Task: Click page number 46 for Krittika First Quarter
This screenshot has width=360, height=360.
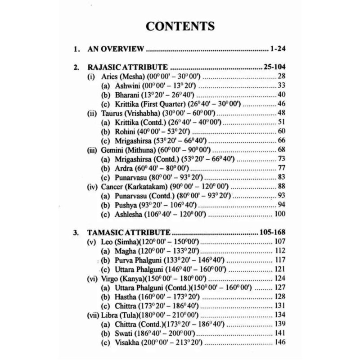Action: click(x=282, y=104)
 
